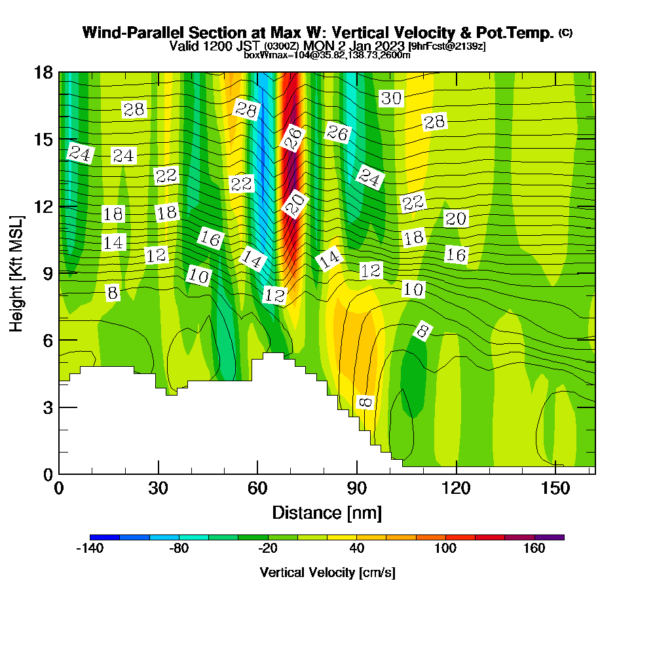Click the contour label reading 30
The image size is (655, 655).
pos(391,99)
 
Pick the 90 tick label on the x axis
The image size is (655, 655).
pos(356,488)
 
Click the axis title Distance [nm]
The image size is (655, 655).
pos(327,512)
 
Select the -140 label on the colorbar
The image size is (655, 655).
pos(90,549)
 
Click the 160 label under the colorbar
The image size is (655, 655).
pos(534,549)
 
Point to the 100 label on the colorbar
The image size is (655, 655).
pos(445,549)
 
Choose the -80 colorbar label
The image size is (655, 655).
pos(179,549)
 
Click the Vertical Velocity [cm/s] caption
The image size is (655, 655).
pos(327,572)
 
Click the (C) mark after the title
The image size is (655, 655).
pos(566,32)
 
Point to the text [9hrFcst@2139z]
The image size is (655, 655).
pos(447,47)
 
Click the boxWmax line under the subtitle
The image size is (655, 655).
pos(327,55)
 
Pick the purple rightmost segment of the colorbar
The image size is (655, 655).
pos(550,537)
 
